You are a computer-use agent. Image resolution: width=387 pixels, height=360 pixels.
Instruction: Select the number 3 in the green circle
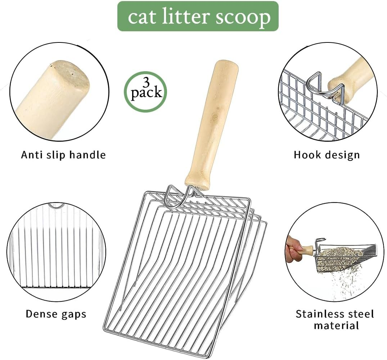(146, 82)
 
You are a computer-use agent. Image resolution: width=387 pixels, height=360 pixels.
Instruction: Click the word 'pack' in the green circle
(146, 93)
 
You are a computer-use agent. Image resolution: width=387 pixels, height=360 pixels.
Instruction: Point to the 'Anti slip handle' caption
(63, 155)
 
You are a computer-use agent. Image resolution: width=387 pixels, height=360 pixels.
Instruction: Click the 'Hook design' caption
(327, 155)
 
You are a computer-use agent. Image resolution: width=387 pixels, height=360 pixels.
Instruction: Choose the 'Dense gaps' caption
(56, 314)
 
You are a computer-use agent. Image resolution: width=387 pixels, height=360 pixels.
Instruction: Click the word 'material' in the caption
(336, 326)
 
